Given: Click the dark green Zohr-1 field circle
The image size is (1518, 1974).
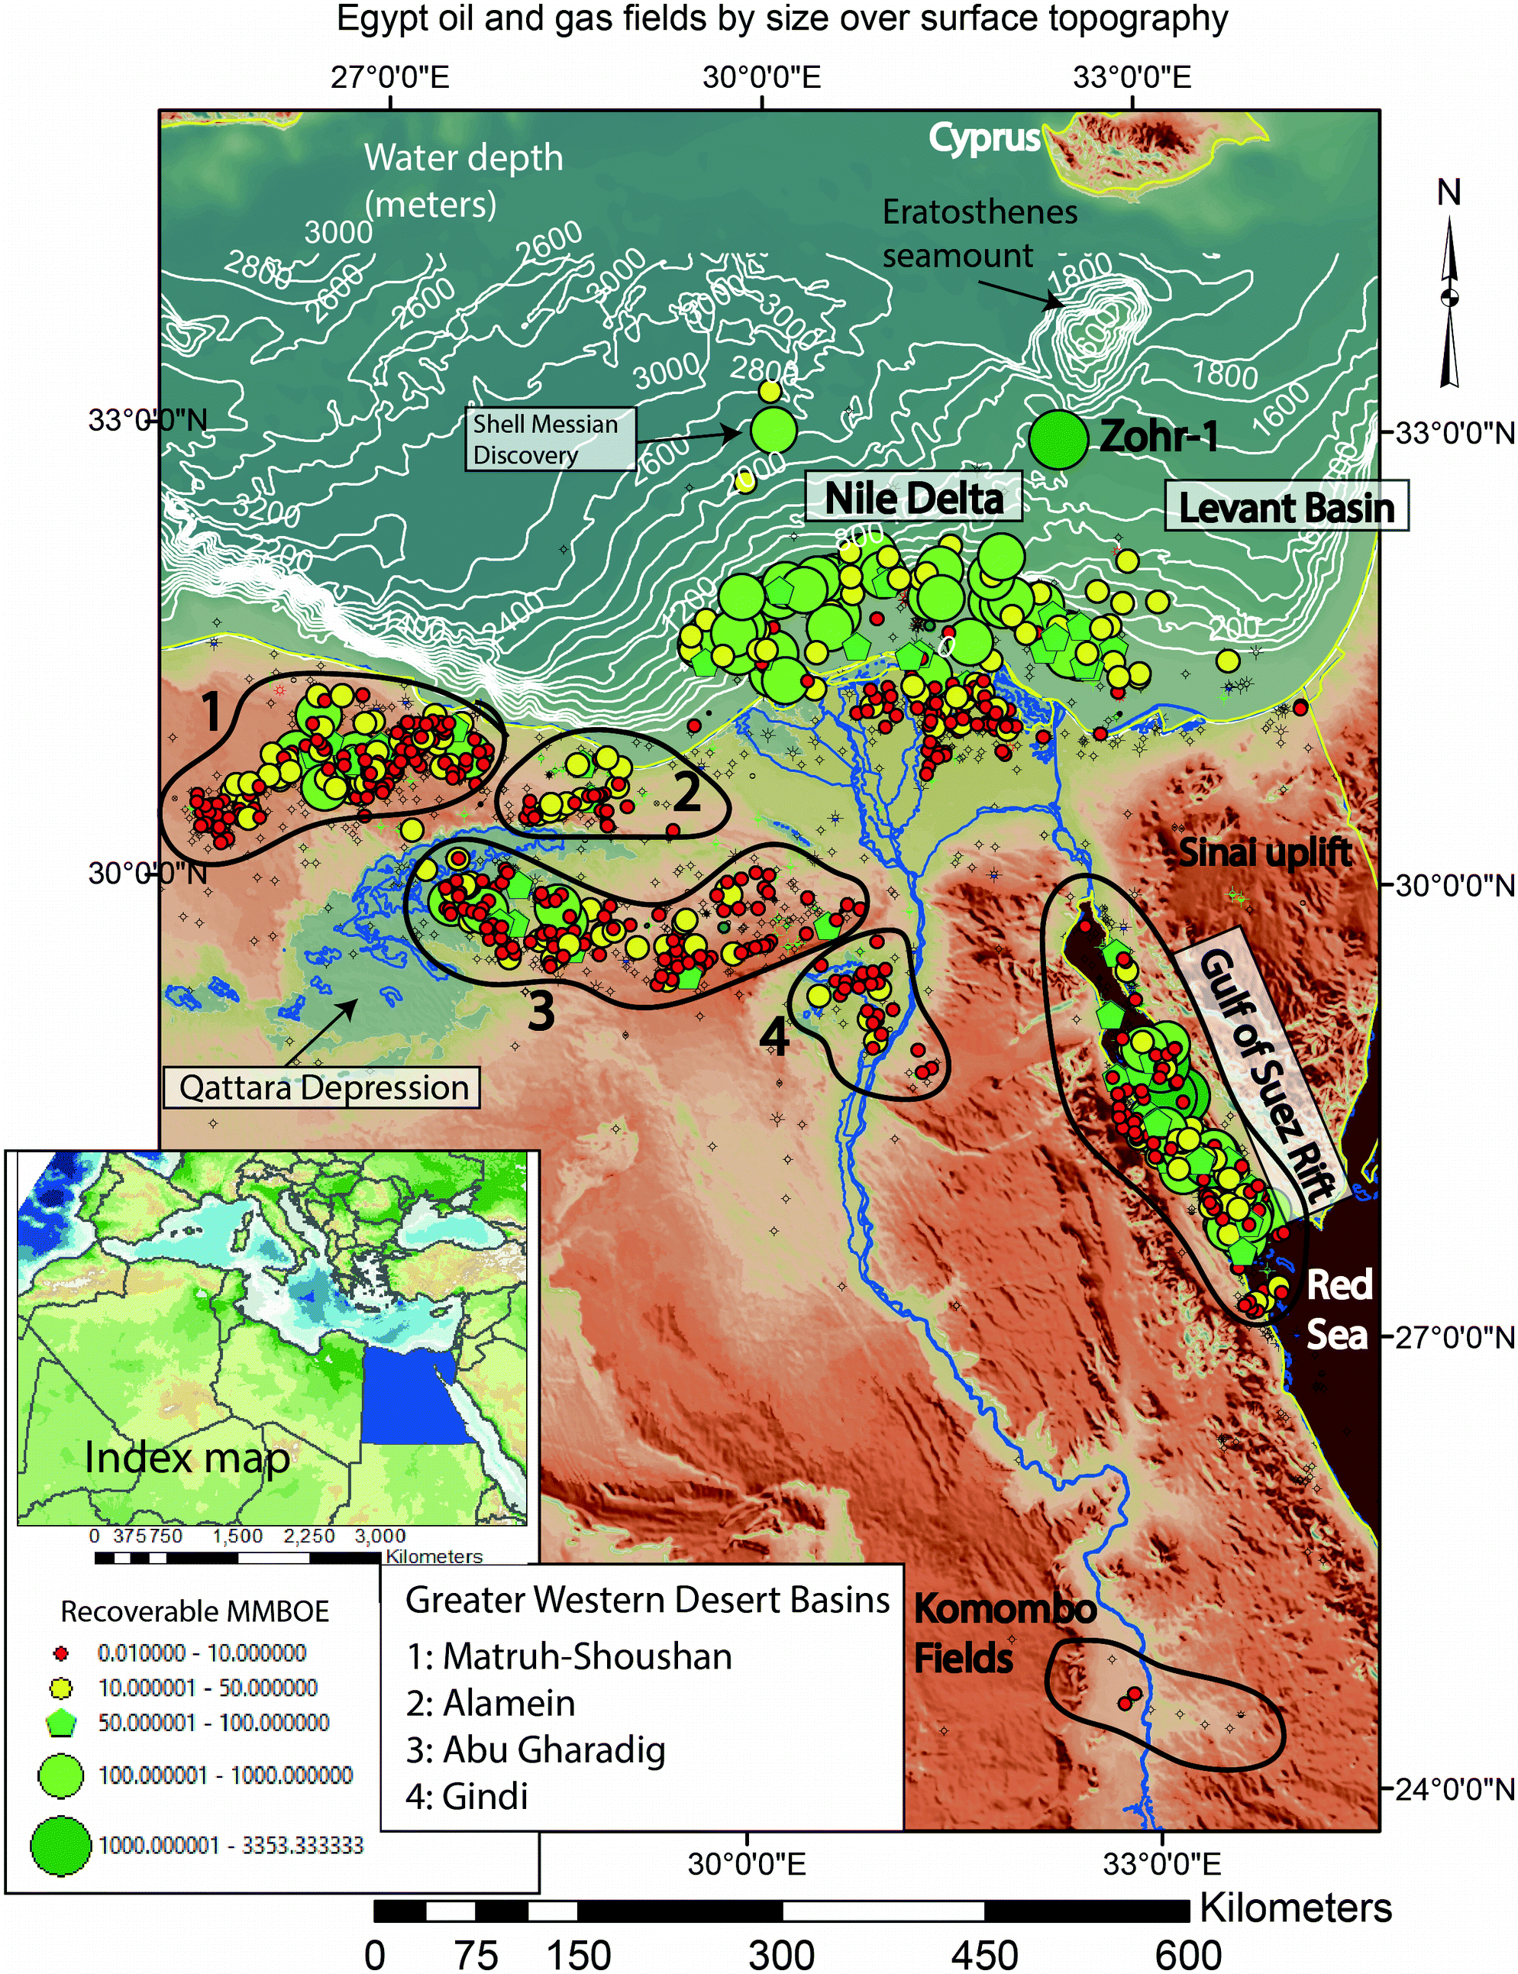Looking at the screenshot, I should pos(1058,439).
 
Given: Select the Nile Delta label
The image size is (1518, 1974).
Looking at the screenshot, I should pos(913,498).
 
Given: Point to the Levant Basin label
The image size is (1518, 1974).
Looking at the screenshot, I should pos(1286,507).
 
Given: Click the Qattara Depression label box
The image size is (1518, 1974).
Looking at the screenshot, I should pos(321,1087).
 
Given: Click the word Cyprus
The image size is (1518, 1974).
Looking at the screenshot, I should pos(984,138).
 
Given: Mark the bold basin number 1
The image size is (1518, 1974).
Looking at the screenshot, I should pos(211,712).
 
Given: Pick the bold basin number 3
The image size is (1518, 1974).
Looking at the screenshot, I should pos(541,1011).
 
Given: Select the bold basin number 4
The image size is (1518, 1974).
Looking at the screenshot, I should pos(774,1036).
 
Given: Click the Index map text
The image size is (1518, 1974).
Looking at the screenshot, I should pos(187,1458).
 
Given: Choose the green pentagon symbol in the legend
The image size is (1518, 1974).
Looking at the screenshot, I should pos(61,1723).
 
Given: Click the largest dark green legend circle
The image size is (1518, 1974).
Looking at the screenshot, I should pos(60,1845).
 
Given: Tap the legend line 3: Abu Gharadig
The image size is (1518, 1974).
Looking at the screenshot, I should pos(535,1750).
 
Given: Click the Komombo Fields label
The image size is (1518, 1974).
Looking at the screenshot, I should pos(1003,1633).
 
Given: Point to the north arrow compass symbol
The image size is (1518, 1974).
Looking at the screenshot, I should pos(1449,298).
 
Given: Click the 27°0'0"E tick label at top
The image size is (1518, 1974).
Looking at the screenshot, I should pos(389,78).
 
